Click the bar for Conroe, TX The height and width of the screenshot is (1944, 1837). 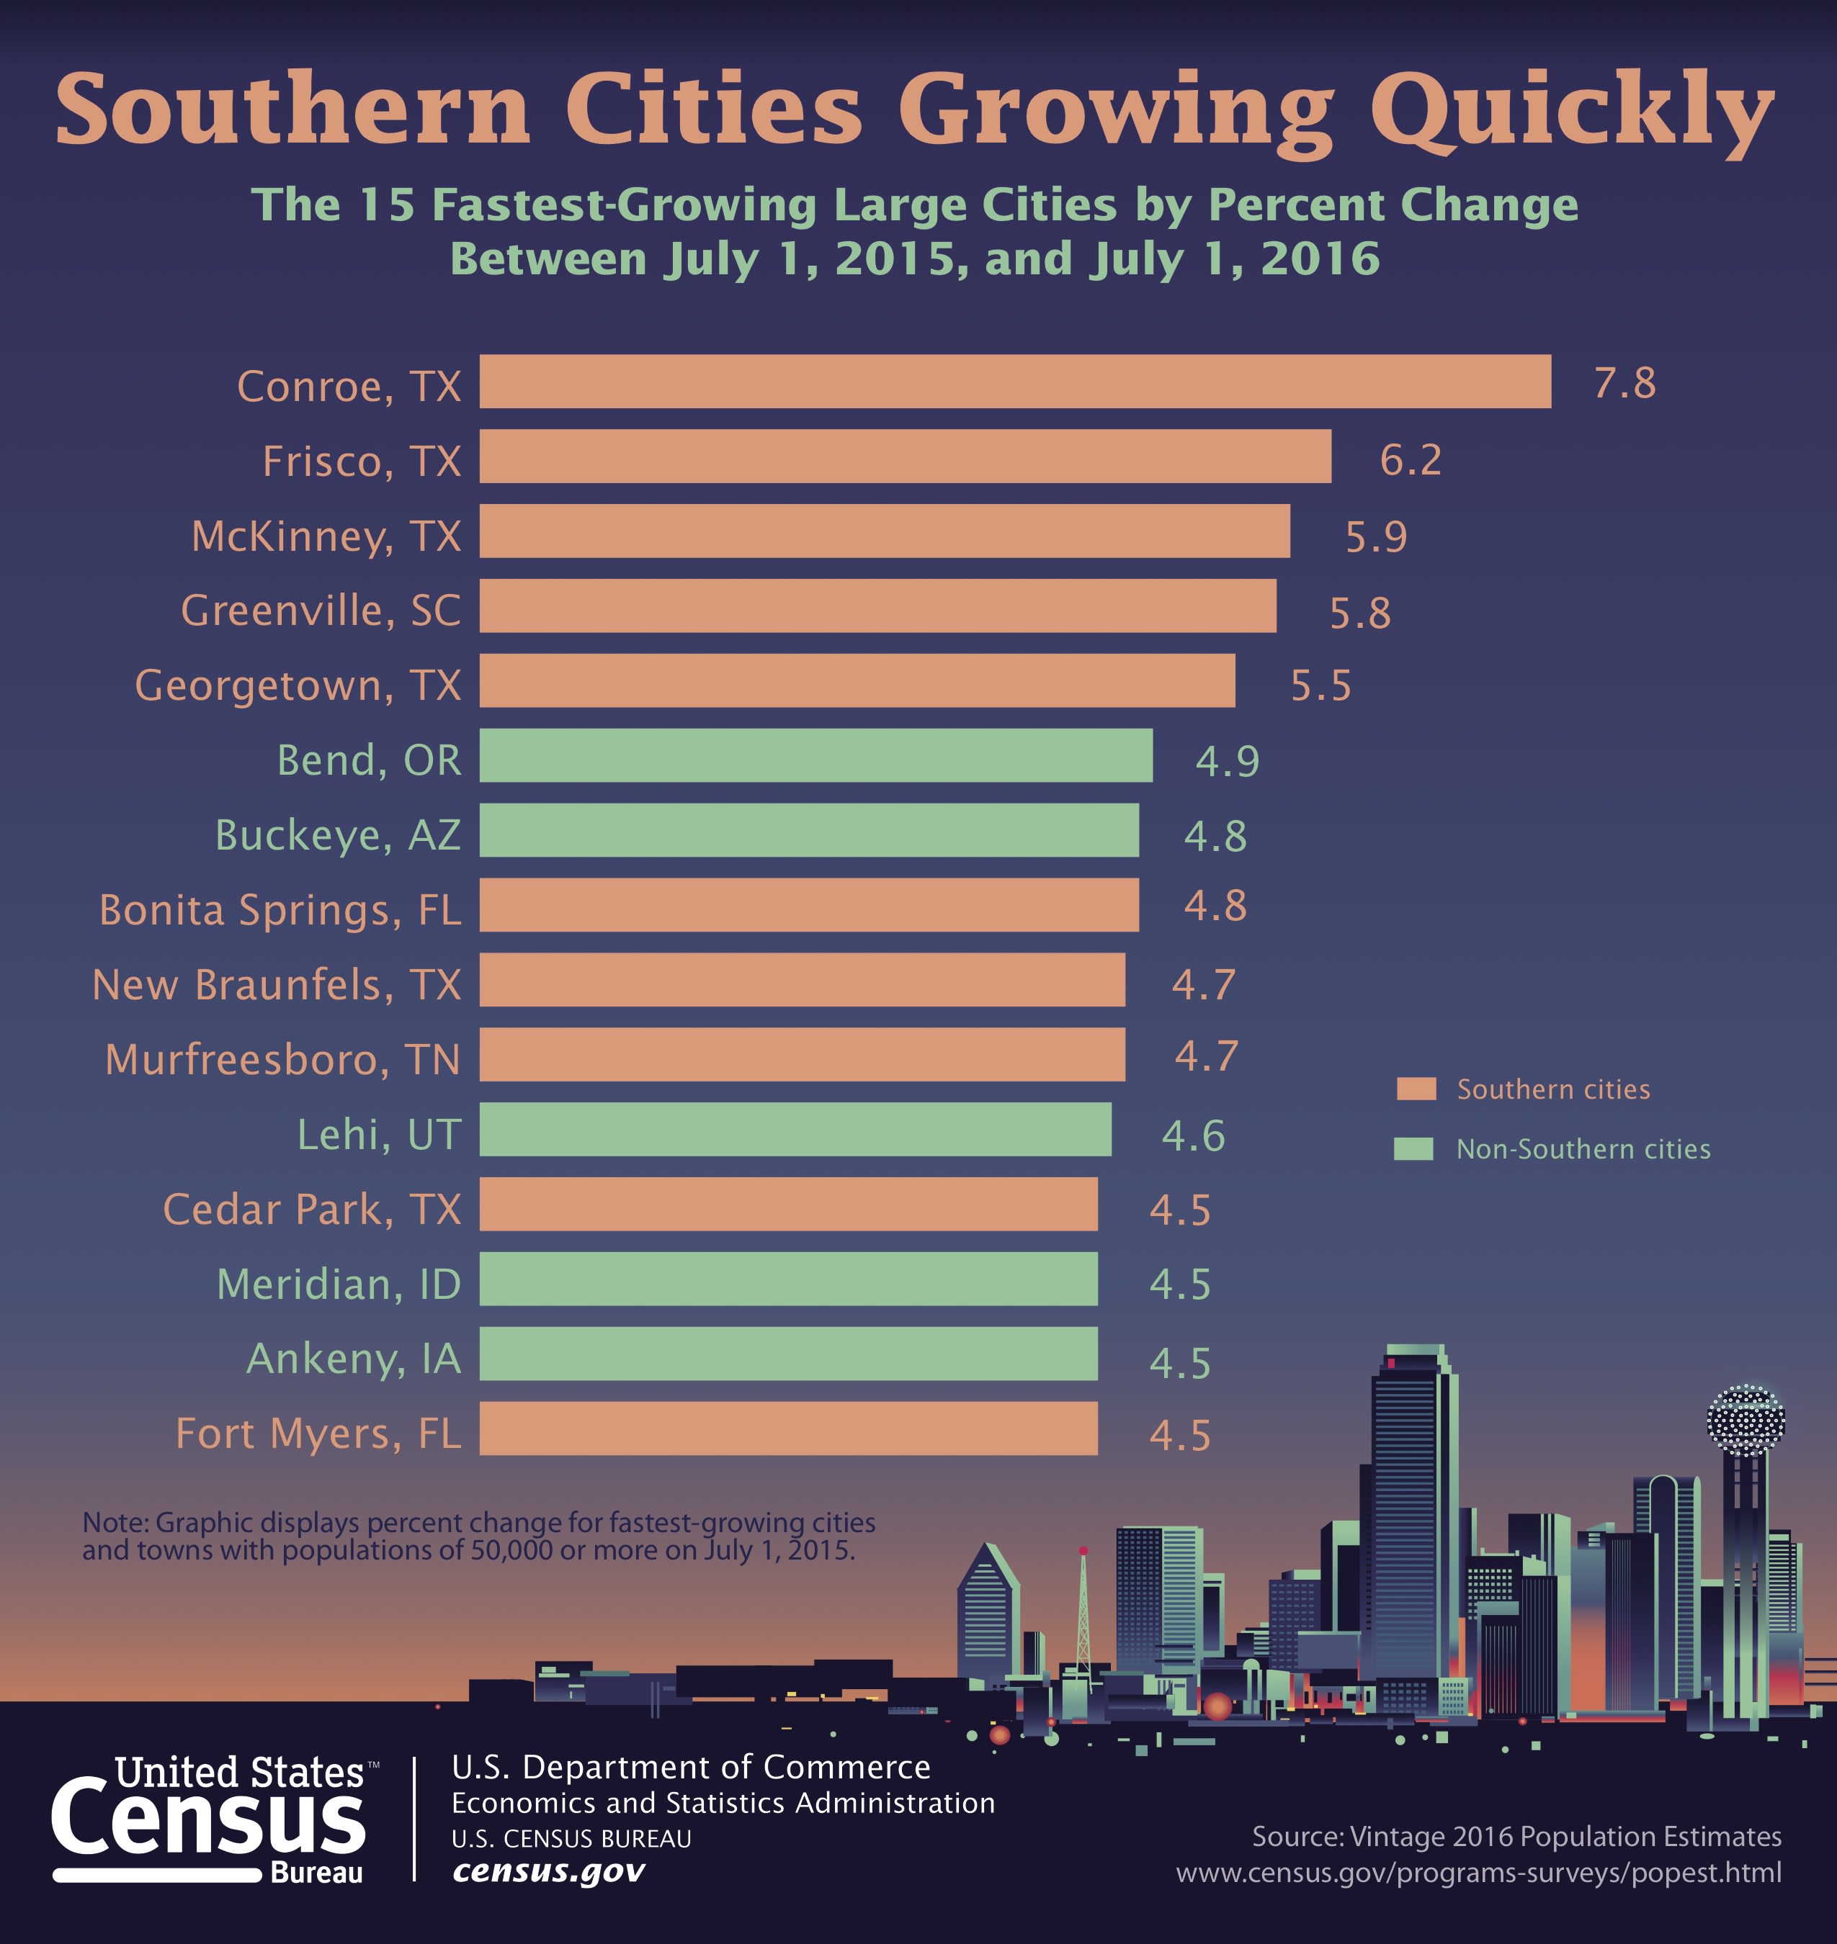pos(1014,382)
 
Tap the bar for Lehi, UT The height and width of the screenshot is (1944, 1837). pos(795,1130)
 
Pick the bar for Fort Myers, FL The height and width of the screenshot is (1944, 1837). pos(788,1428)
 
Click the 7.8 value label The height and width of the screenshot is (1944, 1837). pos(1624,383)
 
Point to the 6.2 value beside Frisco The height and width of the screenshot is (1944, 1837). pos(1410,459)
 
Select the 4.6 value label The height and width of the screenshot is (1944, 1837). pos(1193,1135)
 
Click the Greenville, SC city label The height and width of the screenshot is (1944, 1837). pos(320,610)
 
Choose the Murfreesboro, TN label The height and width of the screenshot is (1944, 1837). pos(282,1059)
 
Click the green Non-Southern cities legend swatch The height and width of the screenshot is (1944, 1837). pos(1413,1149)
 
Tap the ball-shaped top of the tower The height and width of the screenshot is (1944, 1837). pos(1745,1418)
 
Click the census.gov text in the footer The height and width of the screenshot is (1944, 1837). pos(548,1871)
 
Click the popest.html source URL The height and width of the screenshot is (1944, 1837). pos(1479,1873)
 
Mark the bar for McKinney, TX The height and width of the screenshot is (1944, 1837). pos(884,531)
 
